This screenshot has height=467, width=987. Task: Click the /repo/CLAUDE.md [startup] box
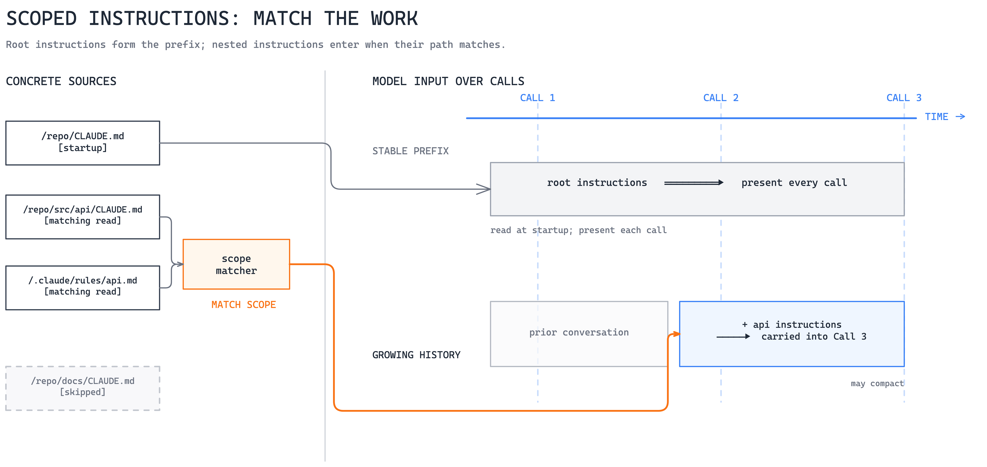pyautogui.click(x=83, y=143)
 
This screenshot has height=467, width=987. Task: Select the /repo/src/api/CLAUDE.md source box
pyautogui.click(x=83, y=217)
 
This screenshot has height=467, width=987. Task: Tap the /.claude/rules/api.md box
pyautogui.click(x=83, y=288)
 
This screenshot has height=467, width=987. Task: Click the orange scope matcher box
pyautogui.click(x=236, y=264)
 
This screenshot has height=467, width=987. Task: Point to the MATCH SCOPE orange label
pyautogui.click(x=244, y=305)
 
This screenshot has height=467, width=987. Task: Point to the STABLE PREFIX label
pyautogui.click(x=410, y=151)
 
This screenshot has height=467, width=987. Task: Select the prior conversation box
pyautogui.click(x=579, y=334)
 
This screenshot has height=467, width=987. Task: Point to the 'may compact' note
pyautogui.click(x=877, y=384)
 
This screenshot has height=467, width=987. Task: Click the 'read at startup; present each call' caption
pyautogui.click(x=579, y=230)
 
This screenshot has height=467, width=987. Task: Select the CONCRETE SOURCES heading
pyautogui.click(x=61, y=81)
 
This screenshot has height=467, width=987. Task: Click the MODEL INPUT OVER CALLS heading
pyautogui.click(x=448, y=81)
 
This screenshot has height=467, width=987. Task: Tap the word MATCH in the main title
pyautogui.click(x=282, y=18)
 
